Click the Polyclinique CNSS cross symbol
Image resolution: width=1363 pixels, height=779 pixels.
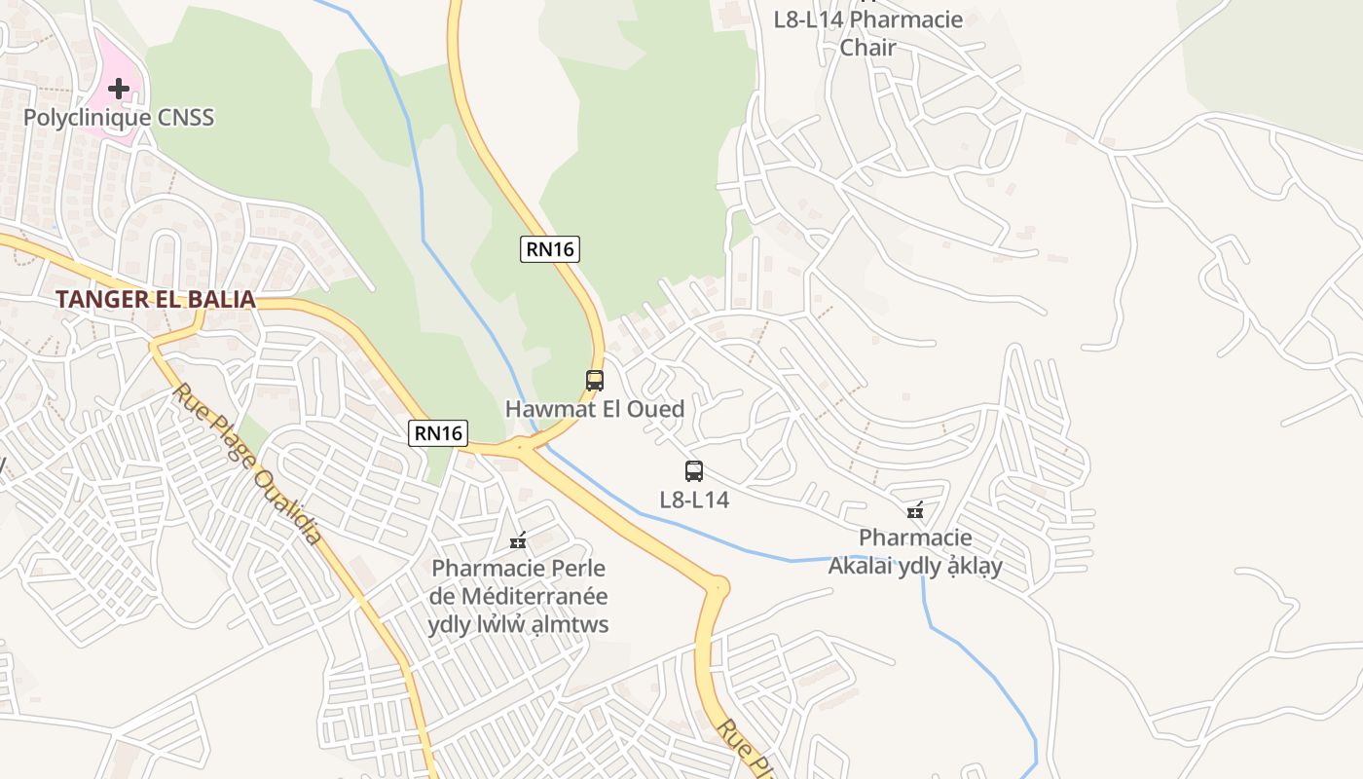[119, 89]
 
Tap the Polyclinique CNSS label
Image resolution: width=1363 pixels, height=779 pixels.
[119, 118]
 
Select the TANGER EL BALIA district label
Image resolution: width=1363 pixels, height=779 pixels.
[156, 299]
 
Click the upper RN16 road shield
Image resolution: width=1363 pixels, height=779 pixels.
[550, 249]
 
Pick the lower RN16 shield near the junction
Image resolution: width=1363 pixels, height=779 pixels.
[438, 433]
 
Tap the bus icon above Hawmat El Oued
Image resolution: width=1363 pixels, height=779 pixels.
[595, 380]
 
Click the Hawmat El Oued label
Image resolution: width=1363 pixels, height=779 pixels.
[595, 409]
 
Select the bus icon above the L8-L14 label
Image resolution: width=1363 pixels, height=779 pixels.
[694, 471]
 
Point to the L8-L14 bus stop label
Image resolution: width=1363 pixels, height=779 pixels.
[694, 500]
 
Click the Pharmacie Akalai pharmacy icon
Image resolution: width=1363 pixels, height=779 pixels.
[915, 509]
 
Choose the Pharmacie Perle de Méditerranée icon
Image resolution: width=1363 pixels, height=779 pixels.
[518, 539]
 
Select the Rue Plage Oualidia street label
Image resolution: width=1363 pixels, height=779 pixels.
[247, 464]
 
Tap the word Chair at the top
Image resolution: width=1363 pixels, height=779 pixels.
[867, 47]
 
